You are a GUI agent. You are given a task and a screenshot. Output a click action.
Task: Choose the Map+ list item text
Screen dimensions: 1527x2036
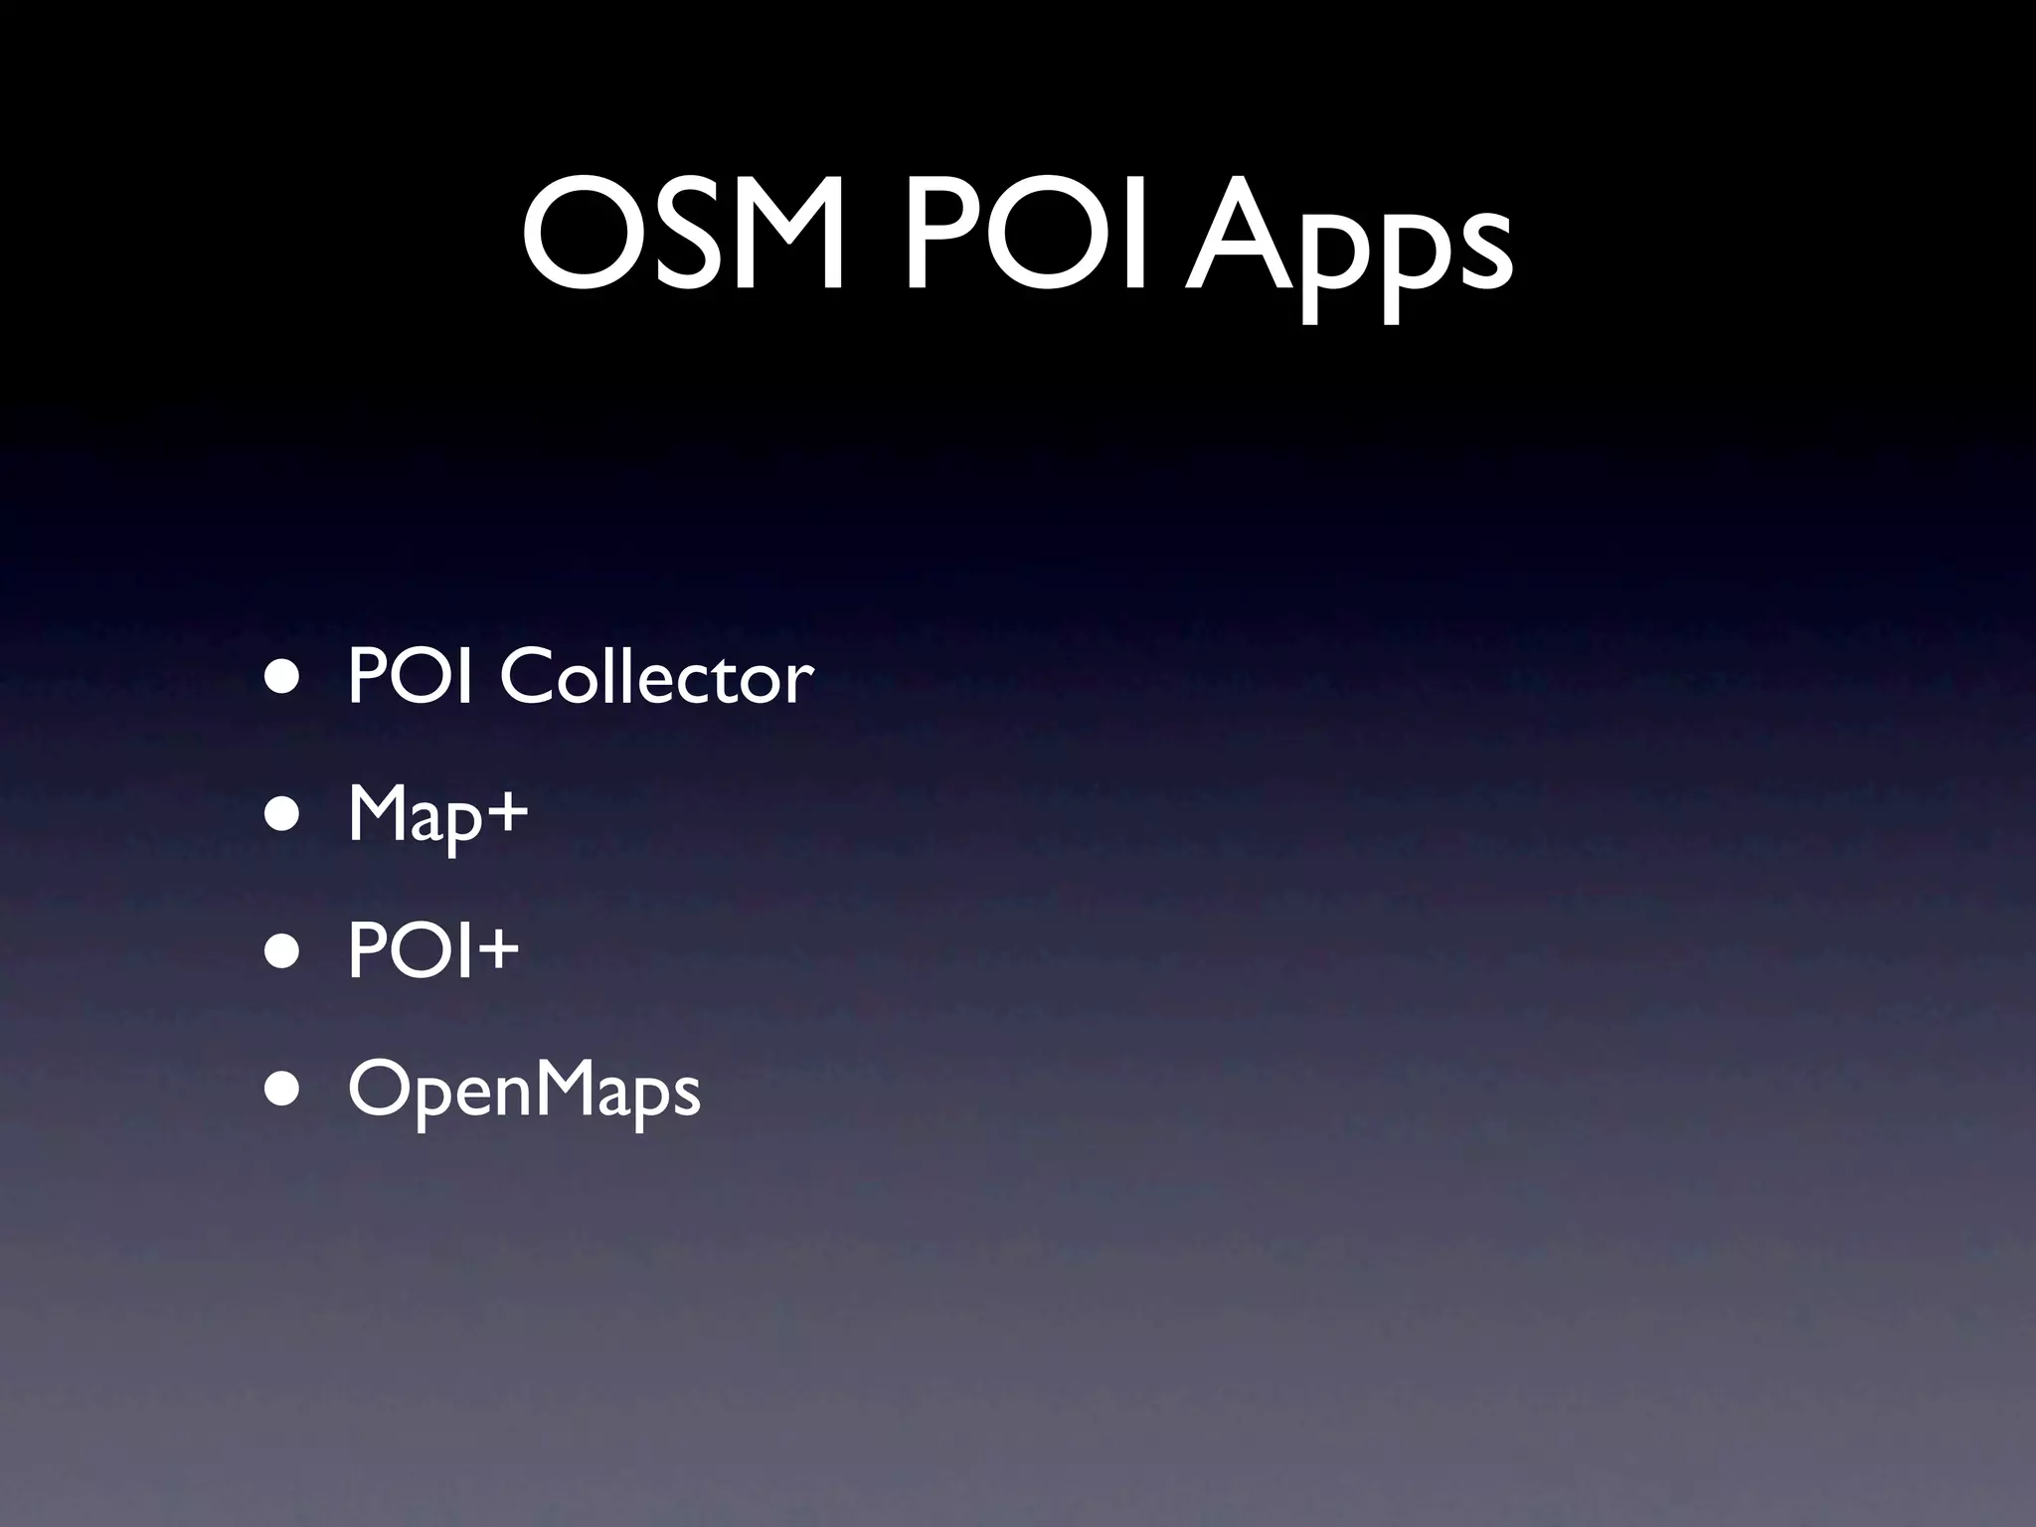point(437,815)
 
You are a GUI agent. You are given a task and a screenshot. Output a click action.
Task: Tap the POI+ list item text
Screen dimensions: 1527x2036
point(433,950)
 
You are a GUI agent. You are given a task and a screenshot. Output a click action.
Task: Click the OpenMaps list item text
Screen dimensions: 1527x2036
point(524,1091)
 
